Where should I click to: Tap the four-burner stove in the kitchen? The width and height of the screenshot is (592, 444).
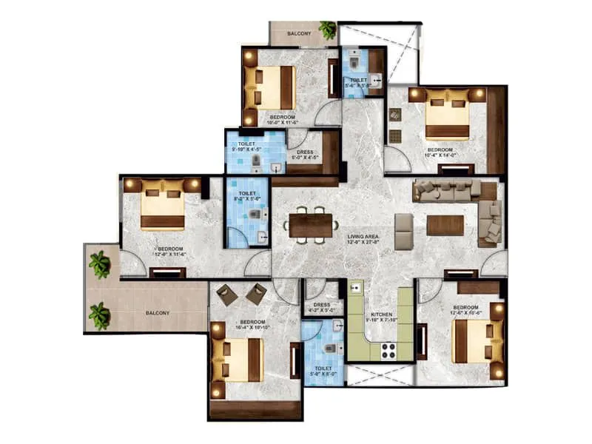389,351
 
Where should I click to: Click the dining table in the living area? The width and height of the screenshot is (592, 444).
311,225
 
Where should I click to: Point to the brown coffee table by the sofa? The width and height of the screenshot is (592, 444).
445,225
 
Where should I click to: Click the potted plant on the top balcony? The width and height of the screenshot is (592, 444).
327,30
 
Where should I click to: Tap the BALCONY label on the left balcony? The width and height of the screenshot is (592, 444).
156,313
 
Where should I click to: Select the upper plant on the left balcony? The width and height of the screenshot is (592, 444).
99,263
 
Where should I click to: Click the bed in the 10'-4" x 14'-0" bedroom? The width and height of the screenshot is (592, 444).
448,113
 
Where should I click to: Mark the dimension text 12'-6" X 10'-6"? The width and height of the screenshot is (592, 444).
466,313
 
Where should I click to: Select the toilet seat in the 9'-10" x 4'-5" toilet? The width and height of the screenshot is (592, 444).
255,161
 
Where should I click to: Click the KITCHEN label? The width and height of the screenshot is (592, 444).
381,314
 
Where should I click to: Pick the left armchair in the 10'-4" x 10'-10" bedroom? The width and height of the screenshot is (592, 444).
227,295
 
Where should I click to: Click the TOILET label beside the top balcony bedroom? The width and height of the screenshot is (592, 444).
359,79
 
